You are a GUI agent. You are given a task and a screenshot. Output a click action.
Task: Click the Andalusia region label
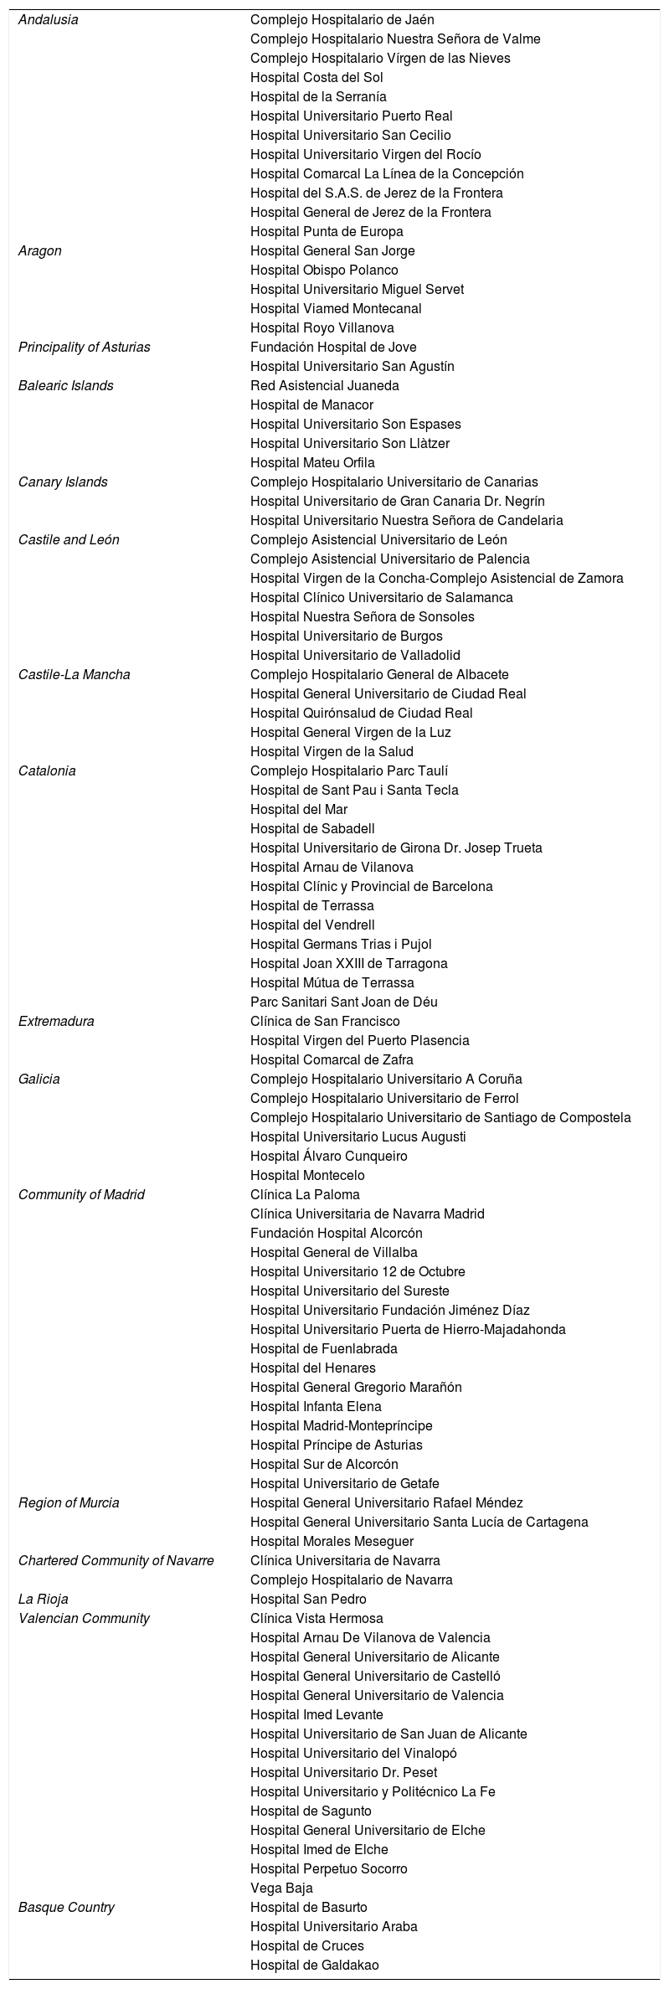(x=49, y=19)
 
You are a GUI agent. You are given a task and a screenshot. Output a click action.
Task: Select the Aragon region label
(x=40, y=250)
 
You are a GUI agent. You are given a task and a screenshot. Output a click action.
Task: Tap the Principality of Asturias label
(x=85, y=347)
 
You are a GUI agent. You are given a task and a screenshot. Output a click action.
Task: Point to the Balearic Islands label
(x=66, y=385)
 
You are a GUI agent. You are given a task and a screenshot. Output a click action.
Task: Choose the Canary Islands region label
(x=63, y=482)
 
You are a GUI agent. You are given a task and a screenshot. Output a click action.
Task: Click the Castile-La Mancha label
(x=75, y=674)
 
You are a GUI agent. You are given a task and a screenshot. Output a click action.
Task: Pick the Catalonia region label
(x=47, y=770)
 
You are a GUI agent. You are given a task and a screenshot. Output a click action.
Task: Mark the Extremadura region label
(x=56, y=1021)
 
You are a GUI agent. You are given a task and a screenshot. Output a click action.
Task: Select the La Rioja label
(x=44, y=1599)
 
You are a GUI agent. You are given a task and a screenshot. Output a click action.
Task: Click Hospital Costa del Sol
(x=316, y=77)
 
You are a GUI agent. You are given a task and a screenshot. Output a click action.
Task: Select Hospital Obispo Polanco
(x=324, y=270)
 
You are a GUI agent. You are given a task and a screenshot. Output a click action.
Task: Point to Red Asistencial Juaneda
(x=325, y=385)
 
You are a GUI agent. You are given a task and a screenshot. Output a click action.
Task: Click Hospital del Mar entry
(x=299, y=809)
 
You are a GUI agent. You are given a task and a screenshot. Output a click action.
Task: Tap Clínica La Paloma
(x=305, y=1194)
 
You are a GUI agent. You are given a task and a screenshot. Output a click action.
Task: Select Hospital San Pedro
(x=308, y=1599)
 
